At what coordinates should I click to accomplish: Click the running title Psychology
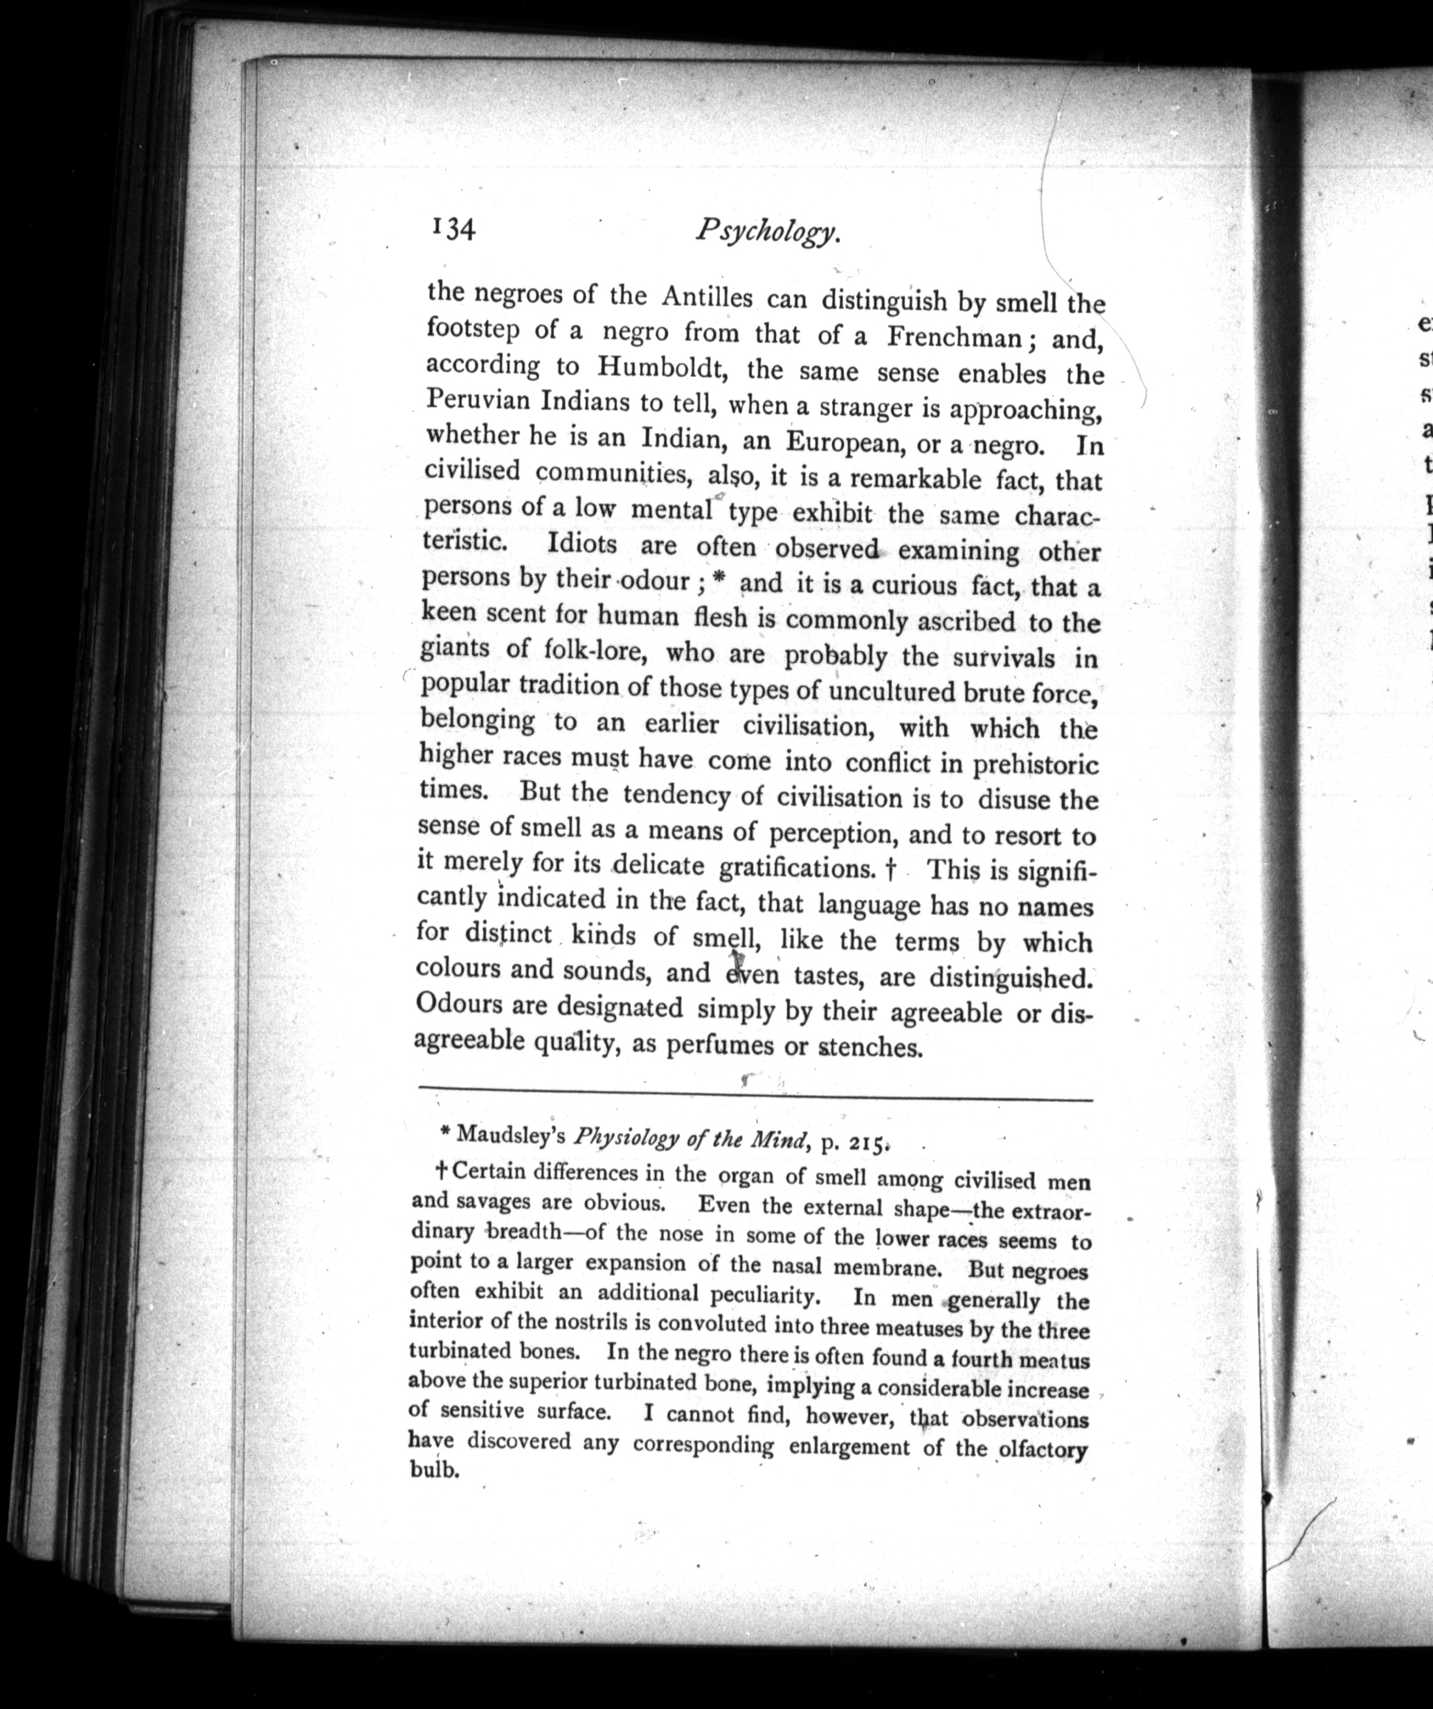click(x=767, y=233)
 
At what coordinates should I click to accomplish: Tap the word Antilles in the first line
click(x=706, y=297)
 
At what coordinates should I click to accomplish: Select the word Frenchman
click(x=957, y=336)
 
